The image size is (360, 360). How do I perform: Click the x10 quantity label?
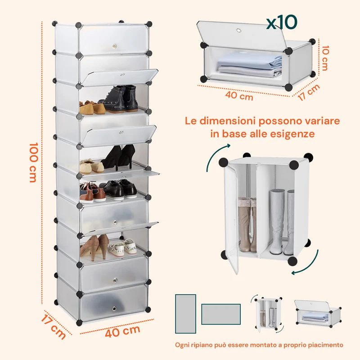click(x=282, y=22)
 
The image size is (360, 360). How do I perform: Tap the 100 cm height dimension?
click(x=33, y=162)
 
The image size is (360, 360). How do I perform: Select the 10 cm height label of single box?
click(x=325, y=58)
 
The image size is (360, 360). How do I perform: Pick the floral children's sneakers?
click(x=122, y=247)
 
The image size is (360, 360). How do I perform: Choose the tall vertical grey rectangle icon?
click(x=185, y=314)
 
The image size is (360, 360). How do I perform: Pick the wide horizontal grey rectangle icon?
click(x=221, y=314)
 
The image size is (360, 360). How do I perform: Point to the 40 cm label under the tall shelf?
click(x=122, y=331)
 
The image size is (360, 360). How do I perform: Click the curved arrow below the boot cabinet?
click(x=307, y=265)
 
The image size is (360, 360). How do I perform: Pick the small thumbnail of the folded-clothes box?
click(x=318, y=313)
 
